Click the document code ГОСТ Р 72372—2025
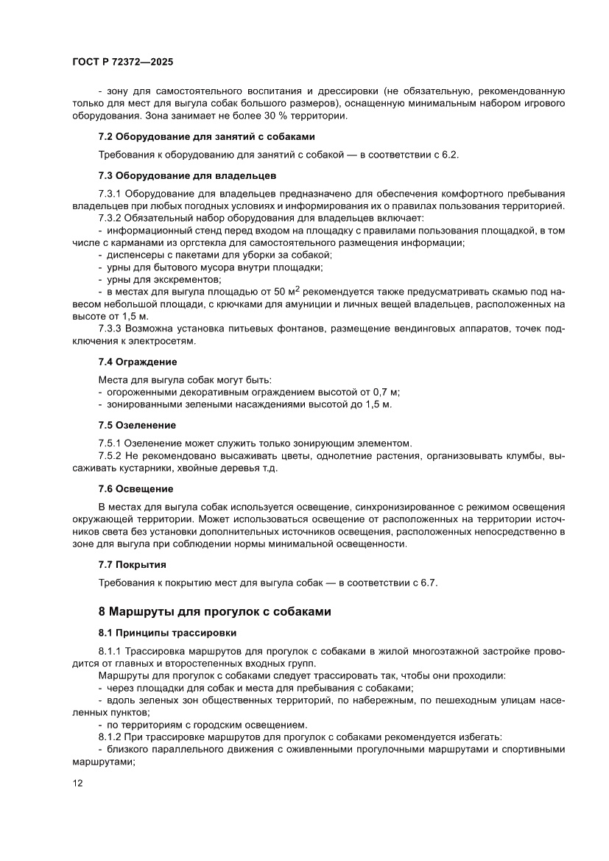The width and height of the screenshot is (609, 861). click(x=123, y=63)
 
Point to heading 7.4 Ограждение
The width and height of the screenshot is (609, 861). click(x=138, y=362)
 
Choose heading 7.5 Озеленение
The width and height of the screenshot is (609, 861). click(x=137, y=425)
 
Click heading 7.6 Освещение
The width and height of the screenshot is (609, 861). click(x=135, y=488)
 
